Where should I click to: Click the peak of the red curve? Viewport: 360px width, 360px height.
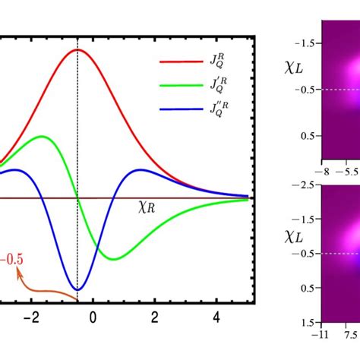pyautogui.click(x=77, y=49)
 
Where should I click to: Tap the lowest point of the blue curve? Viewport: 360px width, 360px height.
pyautogui.click(x=77, y=290)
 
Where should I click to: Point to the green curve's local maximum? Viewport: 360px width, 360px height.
pyautogui.click(x=43, y=137)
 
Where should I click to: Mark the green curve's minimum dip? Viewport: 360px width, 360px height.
pyautogui.click(x=112, y=259)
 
